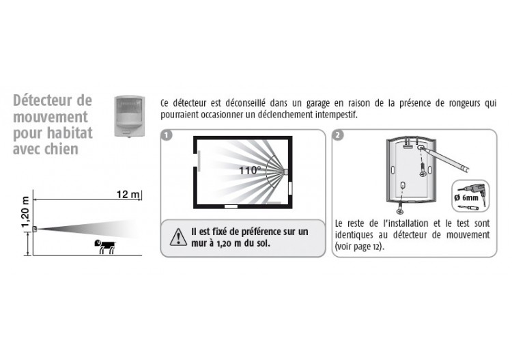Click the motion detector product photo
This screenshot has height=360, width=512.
(129, 116)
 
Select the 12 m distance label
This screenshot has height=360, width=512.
(128, 195)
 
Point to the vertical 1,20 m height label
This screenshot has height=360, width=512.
(25, 212)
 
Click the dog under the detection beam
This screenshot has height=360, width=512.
(105, 247)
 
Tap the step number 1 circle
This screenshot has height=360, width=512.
(167, 135)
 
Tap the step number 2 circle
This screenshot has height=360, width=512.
(338, 135)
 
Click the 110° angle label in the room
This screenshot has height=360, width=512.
(250, 170)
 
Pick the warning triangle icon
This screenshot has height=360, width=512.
(178, 237)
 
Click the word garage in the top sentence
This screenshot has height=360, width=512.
(317, 104)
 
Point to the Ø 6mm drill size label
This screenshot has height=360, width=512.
(466, 197)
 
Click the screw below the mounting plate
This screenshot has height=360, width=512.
(400, 207)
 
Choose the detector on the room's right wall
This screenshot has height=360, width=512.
(286, 172)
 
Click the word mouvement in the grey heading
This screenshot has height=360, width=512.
(51, 117)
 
